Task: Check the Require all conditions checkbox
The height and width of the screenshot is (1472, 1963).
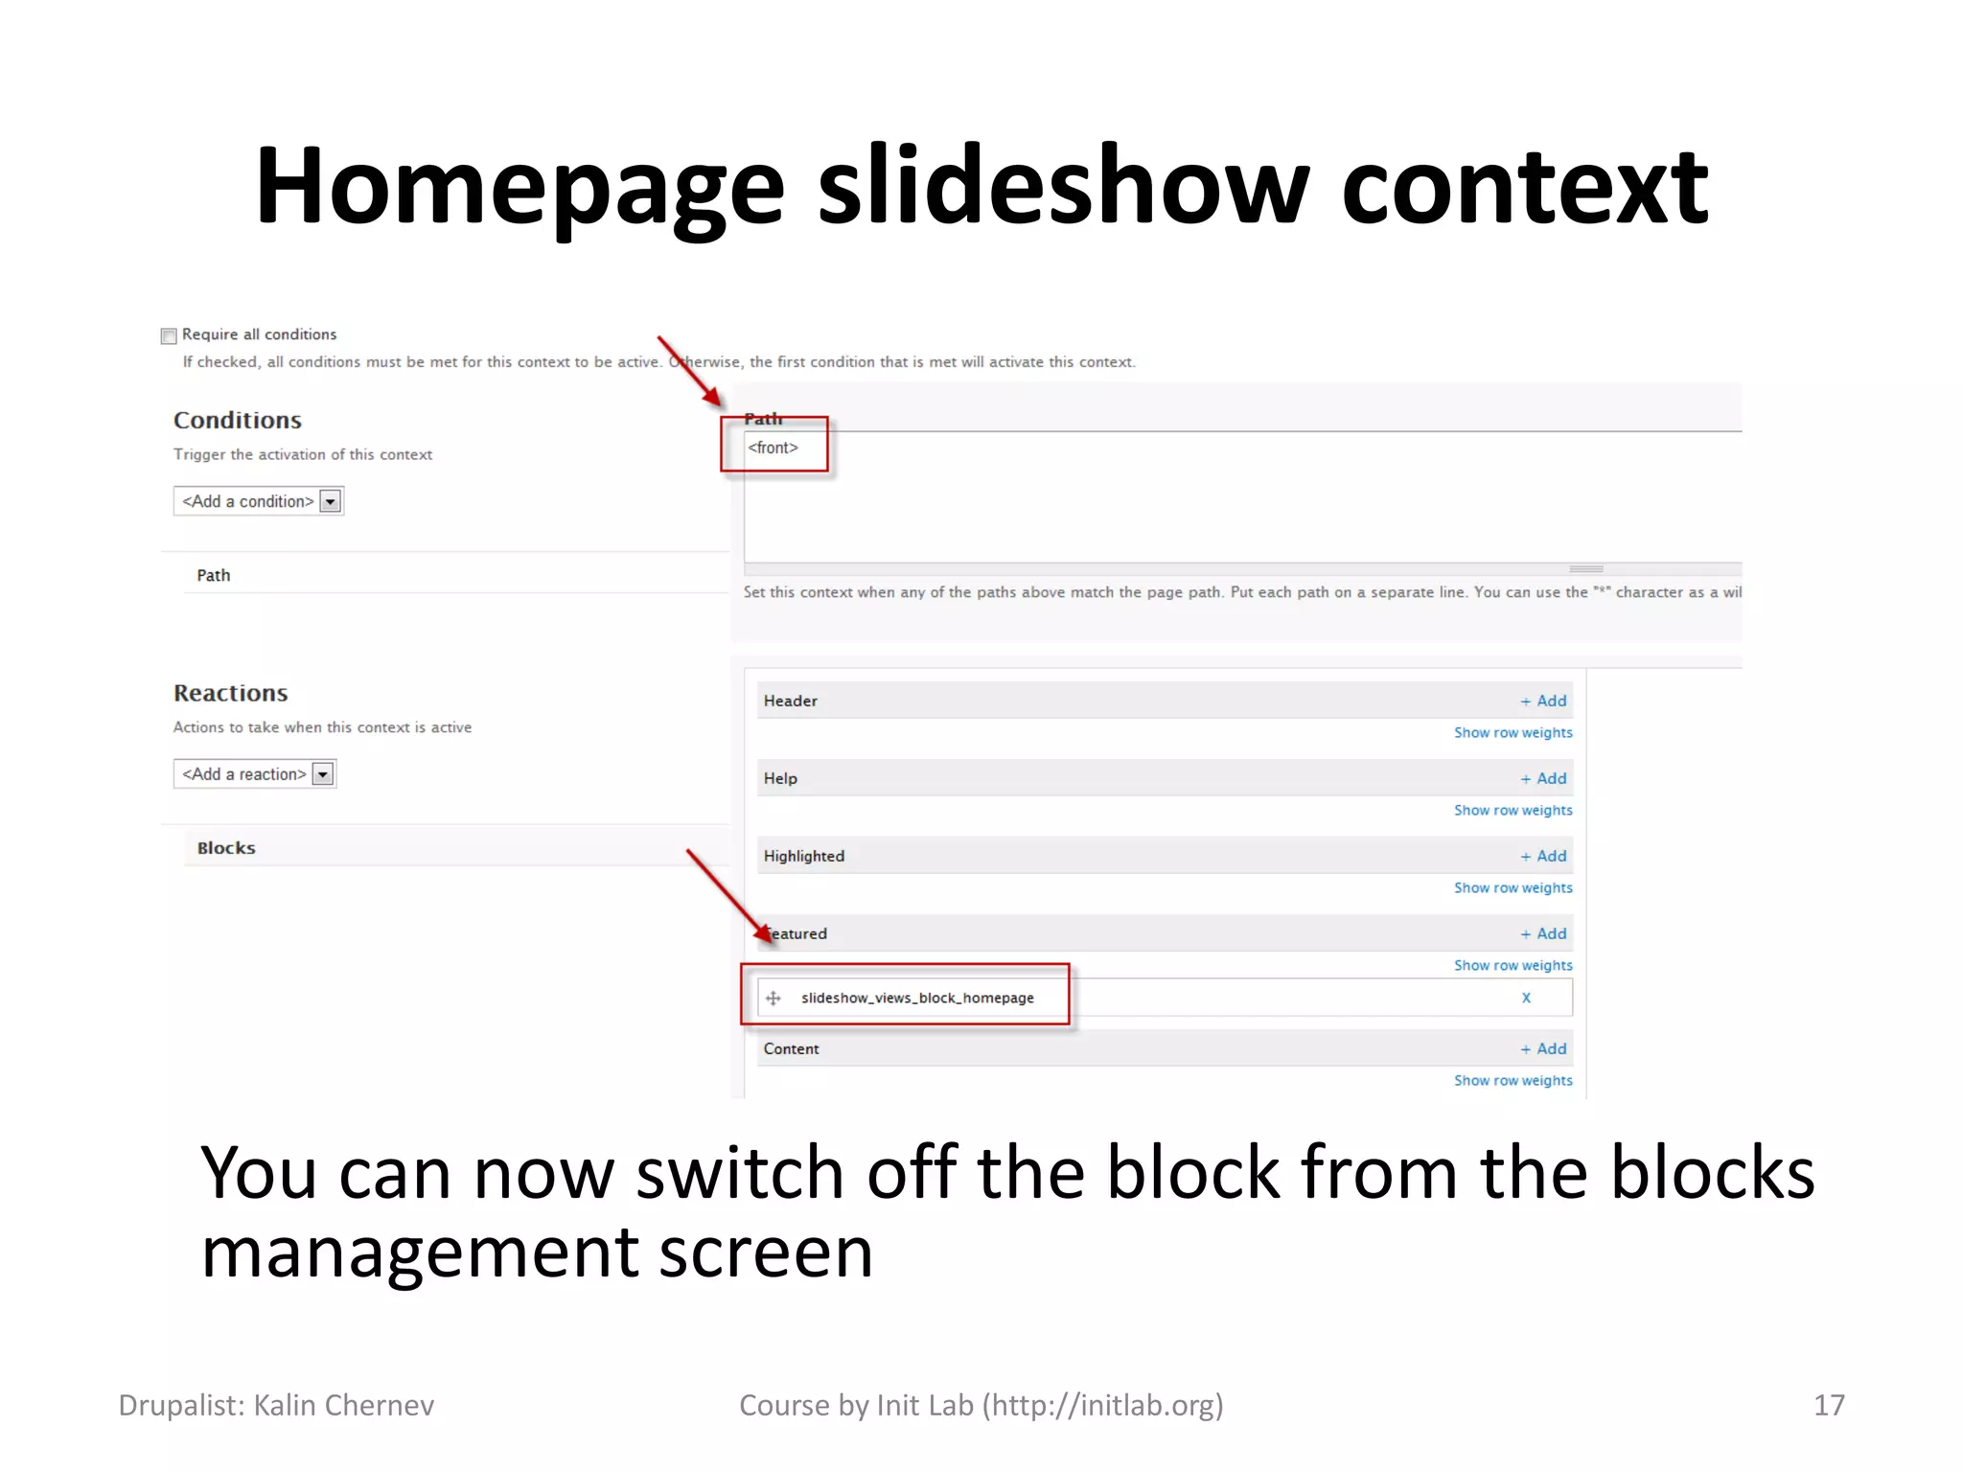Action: click(x=170, y=335)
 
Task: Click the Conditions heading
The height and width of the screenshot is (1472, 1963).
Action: click(x=237, y=420)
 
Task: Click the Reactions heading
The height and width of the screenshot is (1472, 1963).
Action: click(x=230, y=693)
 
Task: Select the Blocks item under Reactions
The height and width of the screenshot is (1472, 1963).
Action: click(x=226, y=848)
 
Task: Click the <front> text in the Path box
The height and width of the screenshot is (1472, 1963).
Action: click(x=773, y=448)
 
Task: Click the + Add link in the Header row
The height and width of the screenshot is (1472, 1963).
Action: click(x=1543, y=701)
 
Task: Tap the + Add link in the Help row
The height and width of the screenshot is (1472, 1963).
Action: click(x=1543, y=778)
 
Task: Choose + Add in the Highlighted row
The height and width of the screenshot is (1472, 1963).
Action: click(x=1543, y=856)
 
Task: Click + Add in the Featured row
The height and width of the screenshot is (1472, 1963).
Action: click(x=1543, y=933)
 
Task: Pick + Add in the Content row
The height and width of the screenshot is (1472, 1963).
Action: click(x=1543, y=1048)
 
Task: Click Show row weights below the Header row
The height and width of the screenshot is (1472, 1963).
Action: click(x=1513, y=732)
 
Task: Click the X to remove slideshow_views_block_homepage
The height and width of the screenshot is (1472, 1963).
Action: click(x=1526, y=998)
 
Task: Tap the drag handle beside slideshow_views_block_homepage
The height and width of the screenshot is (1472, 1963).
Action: click(x=774, y=998)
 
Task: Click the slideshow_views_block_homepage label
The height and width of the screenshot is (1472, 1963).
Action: click(x=917, y=998)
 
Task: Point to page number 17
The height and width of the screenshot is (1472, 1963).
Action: click(x=1829, y=1405)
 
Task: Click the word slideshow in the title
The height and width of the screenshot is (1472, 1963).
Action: click(x=1062, y=187)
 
